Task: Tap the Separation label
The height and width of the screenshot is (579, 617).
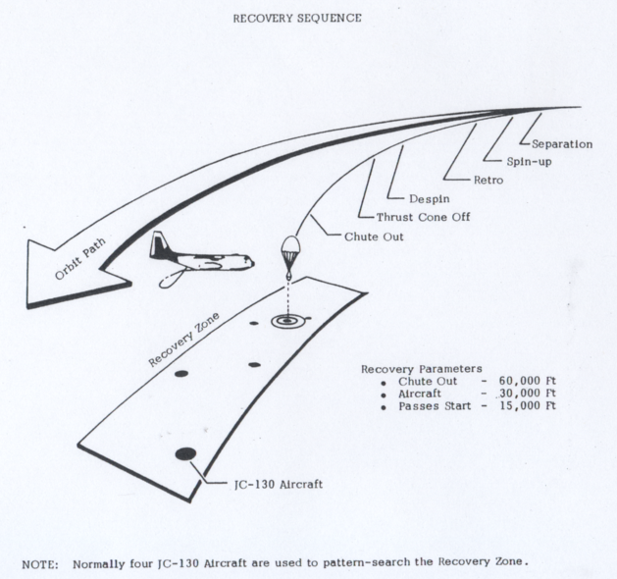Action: click(561, 144)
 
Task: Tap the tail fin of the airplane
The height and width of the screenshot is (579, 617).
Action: click(158, 245)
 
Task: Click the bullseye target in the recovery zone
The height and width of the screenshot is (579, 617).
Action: click(287, 320)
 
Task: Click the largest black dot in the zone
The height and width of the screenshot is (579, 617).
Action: click(184, 451)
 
